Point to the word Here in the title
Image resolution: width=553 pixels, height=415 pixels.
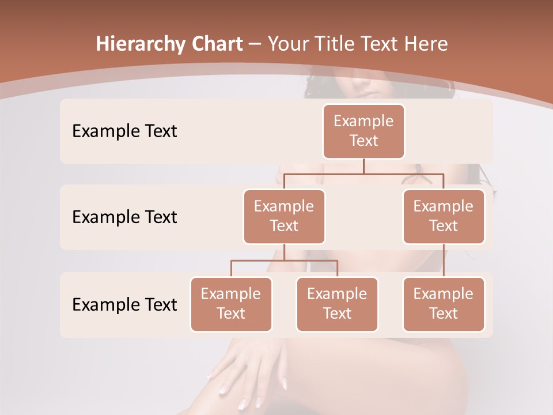tap(426, 44)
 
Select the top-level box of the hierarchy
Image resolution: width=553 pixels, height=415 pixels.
tap(363, 131)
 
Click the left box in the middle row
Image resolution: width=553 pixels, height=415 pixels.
tap(284, 216)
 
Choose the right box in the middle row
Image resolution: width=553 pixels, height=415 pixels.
tap(444, 216)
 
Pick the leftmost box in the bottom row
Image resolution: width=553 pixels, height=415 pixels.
tap(231, 304)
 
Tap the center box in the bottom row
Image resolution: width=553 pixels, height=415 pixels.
tap(337, 304)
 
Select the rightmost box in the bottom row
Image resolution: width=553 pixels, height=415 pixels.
tap(444, 304)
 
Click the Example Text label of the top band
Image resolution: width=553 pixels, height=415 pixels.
tap(124, 131)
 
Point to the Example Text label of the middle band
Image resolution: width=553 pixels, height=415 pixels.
tap(124, 217)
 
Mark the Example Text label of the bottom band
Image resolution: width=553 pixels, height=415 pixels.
tap(124, 304)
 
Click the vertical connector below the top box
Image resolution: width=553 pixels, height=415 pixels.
tap(363, 166)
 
